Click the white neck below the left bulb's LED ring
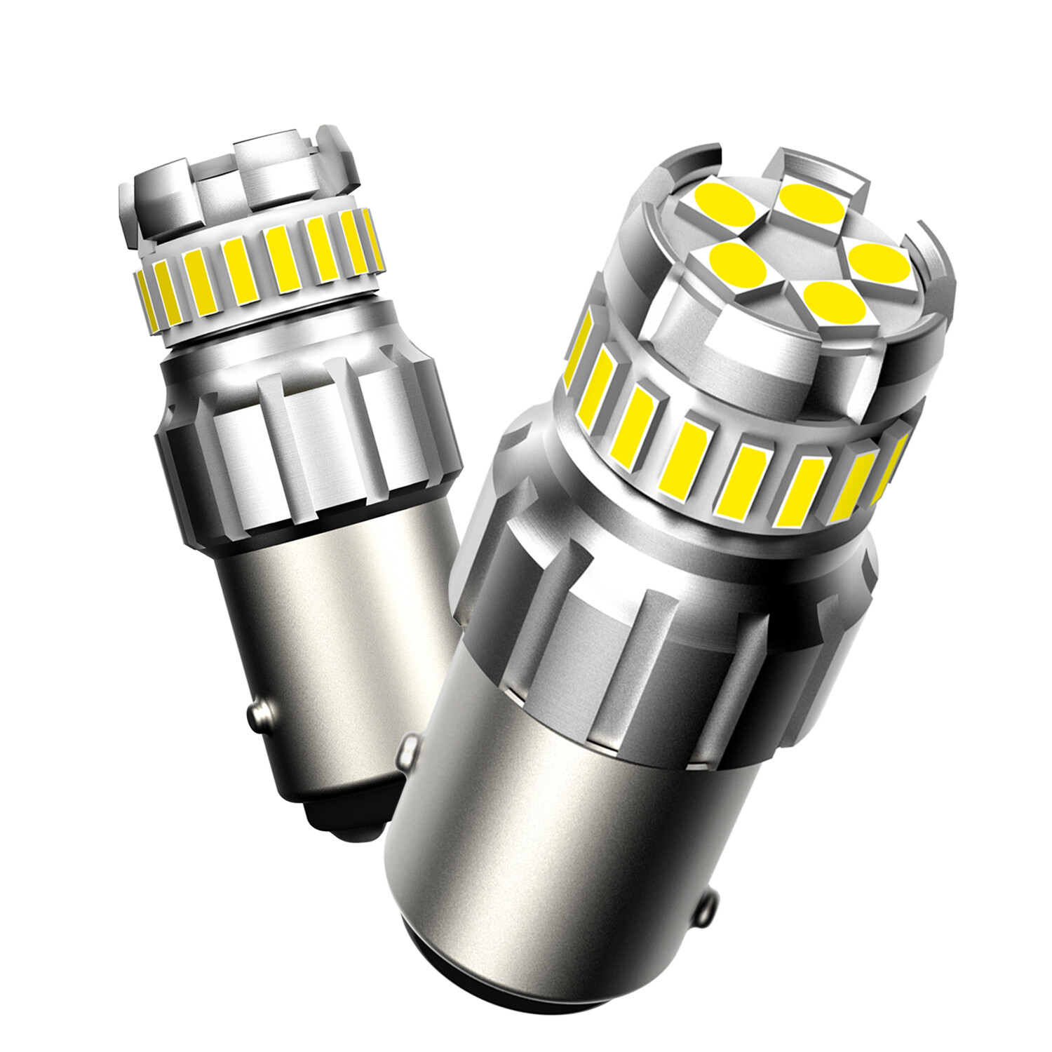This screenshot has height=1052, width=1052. [281, 337]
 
